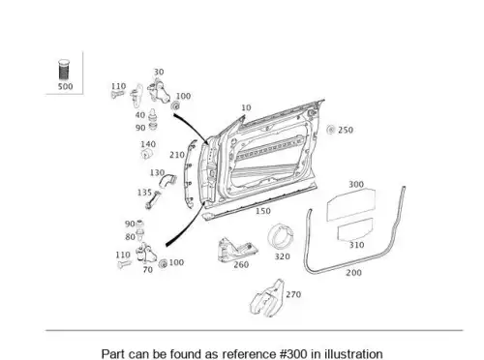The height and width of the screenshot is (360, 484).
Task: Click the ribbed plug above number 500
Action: (x=64, y=70)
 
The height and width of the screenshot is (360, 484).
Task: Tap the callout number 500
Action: (x=65, y=86)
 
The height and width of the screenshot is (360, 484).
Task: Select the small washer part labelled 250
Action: (x=331, y=130)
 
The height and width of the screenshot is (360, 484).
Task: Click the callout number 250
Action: (x=346, y=130)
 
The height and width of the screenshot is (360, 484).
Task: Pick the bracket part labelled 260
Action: (x=236, y=250)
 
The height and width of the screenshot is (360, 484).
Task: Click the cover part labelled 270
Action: (x=267, y=298)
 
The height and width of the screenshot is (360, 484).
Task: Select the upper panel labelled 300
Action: (x=351, y=205)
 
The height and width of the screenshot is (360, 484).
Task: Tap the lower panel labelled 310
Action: (x=355, y=229)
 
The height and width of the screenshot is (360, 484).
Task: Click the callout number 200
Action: (x=353, y=273)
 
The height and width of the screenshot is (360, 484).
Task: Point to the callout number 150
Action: (x=263, y=211)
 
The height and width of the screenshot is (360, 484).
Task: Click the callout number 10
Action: (x=246, y=107)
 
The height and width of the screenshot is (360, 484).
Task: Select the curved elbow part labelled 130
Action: (x=167, y=181)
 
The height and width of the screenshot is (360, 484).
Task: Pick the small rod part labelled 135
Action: (x=153, y=200)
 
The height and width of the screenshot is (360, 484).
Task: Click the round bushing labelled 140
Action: (x=147, y=154)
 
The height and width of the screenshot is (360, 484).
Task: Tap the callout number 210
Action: (x=177, y=155)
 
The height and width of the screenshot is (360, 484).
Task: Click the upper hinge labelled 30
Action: (x=159, y=91)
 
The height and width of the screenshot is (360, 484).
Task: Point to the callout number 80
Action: (x=130, y=237)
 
